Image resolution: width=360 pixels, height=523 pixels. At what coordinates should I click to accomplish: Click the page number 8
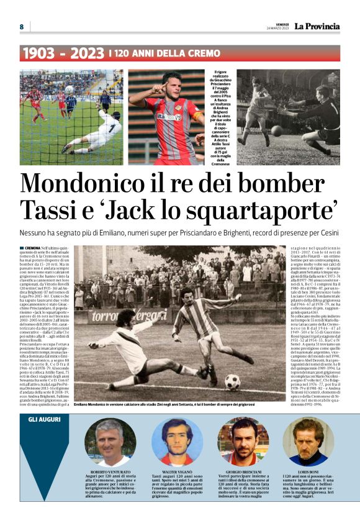pos(21,27)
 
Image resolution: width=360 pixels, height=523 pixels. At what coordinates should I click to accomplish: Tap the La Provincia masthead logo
pos(317,26)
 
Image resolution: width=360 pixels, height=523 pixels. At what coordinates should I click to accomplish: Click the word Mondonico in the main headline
pos(91,184)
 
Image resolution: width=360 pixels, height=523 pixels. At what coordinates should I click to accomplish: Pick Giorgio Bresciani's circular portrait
pos(243,442)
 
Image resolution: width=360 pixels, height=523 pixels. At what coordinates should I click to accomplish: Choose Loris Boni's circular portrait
pos(308,442)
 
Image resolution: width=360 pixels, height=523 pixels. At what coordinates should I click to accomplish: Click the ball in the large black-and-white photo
pos(232,381)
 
